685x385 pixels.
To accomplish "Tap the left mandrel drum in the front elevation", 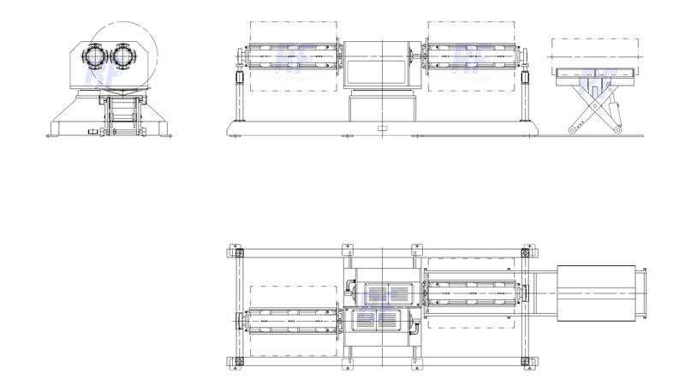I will point(291,57).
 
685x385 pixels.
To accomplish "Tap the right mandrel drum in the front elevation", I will point(470,57).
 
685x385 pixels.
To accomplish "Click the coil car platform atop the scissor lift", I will point(596,76).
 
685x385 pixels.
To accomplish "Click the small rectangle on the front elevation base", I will point(381,128).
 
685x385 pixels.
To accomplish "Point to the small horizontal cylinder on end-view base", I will point(92,133).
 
